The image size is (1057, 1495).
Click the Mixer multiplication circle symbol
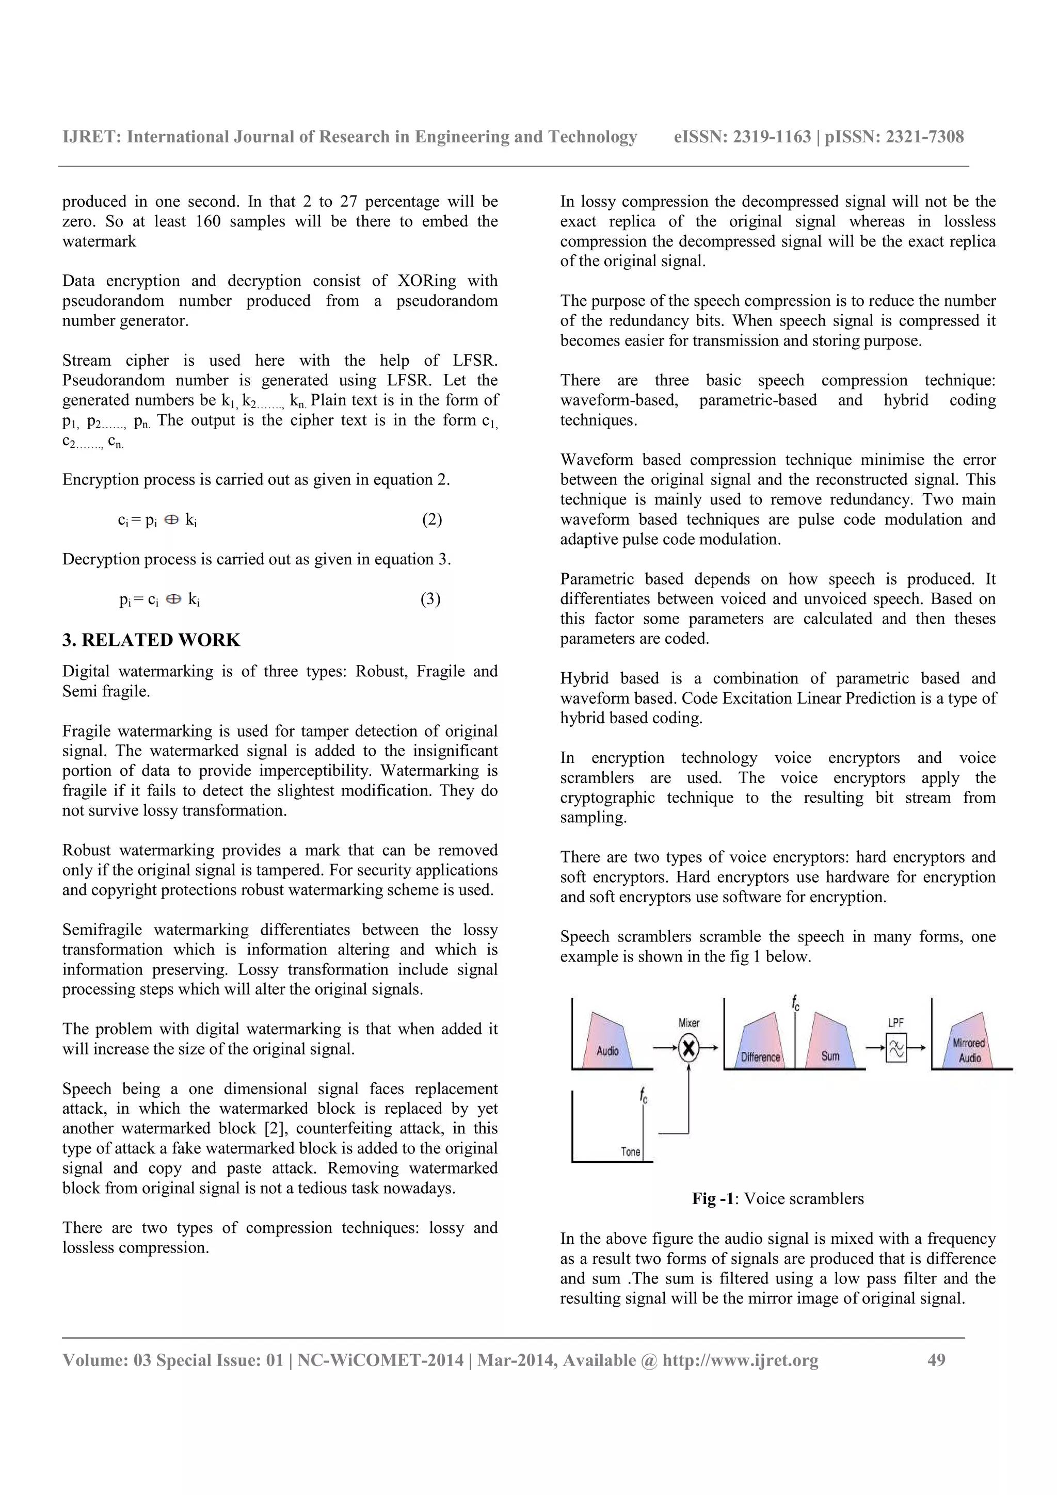(688, 1048)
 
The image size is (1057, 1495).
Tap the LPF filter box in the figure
(896, 1048)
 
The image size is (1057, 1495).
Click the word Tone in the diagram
(630, 1152)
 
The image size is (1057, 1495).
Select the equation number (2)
(432, 519)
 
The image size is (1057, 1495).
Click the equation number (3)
(430, 599)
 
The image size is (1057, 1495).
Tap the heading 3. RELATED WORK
(151, 640)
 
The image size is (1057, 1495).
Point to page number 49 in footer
(936, 1360)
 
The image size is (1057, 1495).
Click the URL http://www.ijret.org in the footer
(741, 1360)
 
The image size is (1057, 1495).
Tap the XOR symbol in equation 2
(172, 520)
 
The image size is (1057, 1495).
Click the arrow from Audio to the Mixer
(664, 1048)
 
